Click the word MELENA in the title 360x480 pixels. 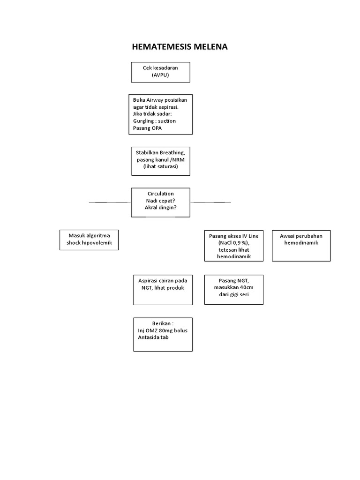(211, 47)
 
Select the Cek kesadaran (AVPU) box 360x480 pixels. (161, 72)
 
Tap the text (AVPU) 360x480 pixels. (160, 75)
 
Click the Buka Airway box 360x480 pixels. (161, 114)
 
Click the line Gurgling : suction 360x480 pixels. (155, 121)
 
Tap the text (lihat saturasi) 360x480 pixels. (161, 166)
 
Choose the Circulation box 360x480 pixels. (161, 202)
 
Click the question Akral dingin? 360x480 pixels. (160, 208)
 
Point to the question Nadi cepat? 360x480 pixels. (160, 201)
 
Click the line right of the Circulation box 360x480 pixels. (210, 202)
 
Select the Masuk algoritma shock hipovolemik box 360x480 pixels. (89, 240)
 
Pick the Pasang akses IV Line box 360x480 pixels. (233, 246)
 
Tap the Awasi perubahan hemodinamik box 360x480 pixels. (301, 246)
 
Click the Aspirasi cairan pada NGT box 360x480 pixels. (162, 290)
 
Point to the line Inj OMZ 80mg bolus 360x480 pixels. (162, 330)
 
